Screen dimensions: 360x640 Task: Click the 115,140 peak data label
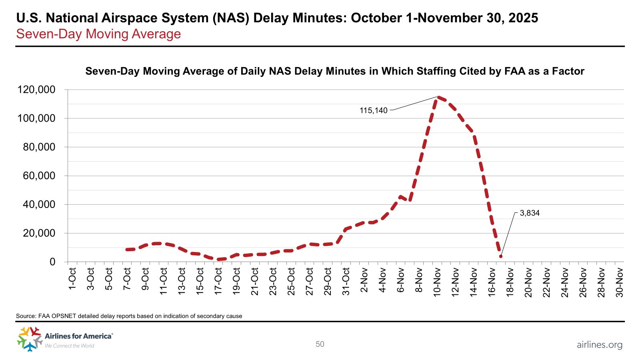point(374,110)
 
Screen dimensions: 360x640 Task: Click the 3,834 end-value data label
point(530,213)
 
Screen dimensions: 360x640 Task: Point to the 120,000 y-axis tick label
point(36,90)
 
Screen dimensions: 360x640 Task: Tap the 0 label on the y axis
point(52,262)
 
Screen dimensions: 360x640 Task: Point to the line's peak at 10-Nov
point(438,97)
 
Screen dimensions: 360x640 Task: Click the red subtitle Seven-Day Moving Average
point(98,34)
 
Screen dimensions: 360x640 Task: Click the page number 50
point(320,344)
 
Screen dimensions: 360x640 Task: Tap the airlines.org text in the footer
point(599,344)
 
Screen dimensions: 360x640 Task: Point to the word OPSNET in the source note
point(63,316)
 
